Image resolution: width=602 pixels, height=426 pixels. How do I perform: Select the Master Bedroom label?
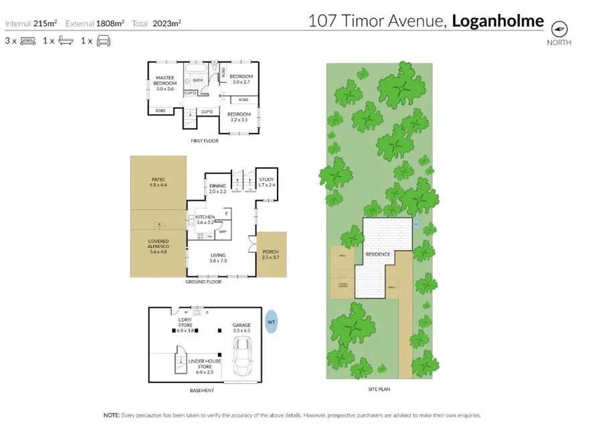pyautogui.click(x=165, y=83)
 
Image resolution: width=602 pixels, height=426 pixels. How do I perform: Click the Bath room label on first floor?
pyautogui.click(x=198, y=80)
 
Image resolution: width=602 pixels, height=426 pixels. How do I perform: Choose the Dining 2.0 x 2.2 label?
pyautogui.click(x=218, y=189)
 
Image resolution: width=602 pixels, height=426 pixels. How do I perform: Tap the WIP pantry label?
pyautogui.click(x=222, y=231)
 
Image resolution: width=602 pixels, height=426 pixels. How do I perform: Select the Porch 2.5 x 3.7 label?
pyautogui.click(x=270, y=255)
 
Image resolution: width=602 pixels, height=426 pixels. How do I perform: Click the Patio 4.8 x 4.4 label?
pyautogui.click(x=158, y=181)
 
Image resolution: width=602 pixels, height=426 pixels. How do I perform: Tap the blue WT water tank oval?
pyautogui.click(x=271, y=322)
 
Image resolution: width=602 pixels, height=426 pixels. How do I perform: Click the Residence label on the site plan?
pyautogui.click(x=377, y=255)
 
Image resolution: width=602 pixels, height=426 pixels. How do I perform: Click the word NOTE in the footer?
pyautogui.click(x=111, y=415)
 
